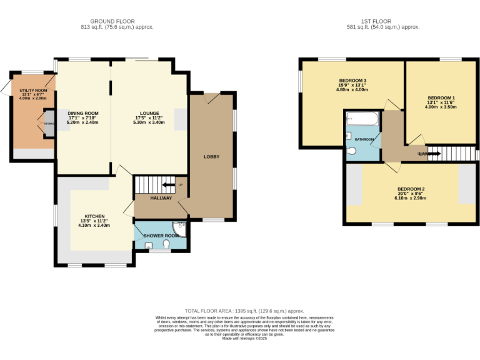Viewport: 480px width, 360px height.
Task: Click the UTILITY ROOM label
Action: pyautogui.click(x=33, y=91)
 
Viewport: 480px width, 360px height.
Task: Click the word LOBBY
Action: pyautogui.click(x=211, y=156)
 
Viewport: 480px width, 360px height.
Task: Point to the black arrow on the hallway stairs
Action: pyautogui.click(x=168, y=184)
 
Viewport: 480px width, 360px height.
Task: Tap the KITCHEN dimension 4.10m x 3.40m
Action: pyautogui.click(x=95, y=225)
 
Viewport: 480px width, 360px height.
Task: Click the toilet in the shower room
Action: pyautogui.click(x=166, y=244)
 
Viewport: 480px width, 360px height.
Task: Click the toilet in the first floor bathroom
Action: pyautogui.click(x=351, y=151)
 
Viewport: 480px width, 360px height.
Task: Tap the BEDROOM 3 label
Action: pyautogui.click(x=352, y=81)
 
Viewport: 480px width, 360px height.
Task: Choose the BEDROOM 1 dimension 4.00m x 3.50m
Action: pyautogui.click(x=441, y=107)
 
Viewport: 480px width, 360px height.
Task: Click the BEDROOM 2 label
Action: pyautogui.click(x=411, y=189)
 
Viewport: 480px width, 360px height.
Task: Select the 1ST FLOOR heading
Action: pyautogui.click(x=383, y=21)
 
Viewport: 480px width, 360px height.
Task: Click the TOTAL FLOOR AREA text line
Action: pyautogui.click(x=244, y=311)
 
